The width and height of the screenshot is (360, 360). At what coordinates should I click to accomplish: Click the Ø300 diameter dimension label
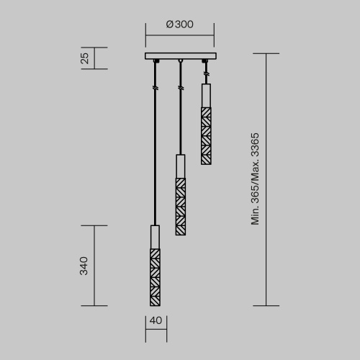[179, 24]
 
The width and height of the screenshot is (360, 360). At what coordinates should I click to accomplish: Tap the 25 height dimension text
[84, 58]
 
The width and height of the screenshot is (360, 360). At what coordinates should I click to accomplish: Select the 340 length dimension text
[84, 265]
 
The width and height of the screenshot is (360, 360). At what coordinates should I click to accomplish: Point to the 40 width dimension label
[155, 322]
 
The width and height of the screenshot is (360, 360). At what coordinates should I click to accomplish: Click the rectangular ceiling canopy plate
[179, 56]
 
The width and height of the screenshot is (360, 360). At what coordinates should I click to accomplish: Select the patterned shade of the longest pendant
[155, 276]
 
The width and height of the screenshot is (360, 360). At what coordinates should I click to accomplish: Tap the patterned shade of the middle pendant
[180, 207]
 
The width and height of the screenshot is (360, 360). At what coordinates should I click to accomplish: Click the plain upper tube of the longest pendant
[155, 236]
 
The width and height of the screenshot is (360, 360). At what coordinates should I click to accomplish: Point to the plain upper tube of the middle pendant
[180, 166]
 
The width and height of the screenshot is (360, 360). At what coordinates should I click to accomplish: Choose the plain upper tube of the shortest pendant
[206, 94]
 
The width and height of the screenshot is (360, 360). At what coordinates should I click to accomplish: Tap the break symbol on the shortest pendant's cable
[206, 73]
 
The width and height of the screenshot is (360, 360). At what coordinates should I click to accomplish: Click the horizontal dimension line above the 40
[155, 333]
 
